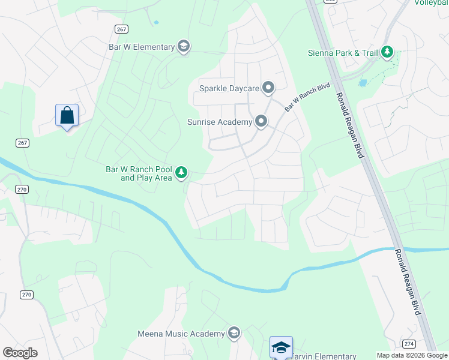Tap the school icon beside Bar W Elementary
coord(184,47)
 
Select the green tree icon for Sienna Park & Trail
coord(388,53)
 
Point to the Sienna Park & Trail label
coord(342,53)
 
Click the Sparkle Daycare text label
coord(229,89)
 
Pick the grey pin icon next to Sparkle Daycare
coord(268,88)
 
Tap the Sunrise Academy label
coord(221,122)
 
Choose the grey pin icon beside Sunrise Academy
coord(261,122)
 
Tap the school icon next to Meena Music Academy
coord(234,334)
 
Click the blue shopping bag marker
coord(67,115)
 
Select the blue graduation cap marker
coord(280,347)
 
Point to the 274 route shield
coord(409,344)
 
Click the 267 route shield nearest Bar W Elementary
coord(121,29)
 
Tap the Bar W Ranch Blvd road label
coord(307,97)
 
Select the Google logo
coord(20,353)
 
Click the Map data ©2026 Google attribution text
coord(411,355)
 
